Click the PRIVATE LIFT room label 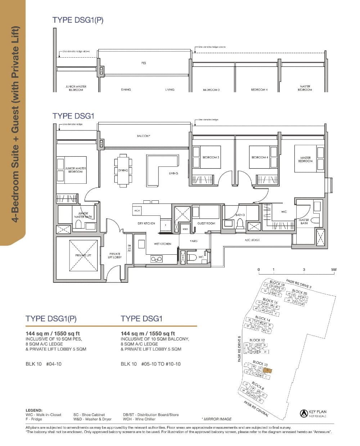tap(83, 255)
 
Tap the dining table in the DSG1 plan tap(123, 170)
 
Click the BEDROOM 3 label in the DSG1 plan tap(211, 157)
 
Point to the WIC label tap(284, 212)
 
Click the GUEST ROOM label tap(206, 223)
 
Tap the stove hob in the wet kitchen tap(157, 259)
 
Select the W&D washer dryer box tap(185, 229)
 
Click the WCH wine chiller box tap(137, 210)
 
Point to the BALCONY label tap(143, 136)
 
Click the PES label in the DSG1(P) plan tap(143, 63)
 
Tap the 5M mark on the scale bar tap(334, 269)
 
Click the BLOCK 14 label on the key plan tap(262, 319)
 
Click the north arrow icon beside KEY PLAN tap(303, 414)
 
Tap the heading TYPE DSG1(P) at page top tap(78, 20)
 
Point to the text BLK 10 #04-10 tap(44, 364)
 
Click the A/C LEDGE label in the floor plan tap(252, 240)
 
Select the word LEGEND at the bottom tap(34, 410)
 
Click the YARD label tap(193, 241)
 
